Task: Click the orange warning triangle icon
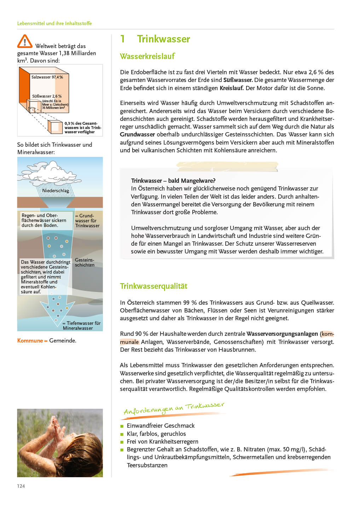coord(24,41)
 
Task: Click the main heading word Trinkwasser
coord(163,39)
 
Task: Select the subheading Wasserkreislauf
coord(147,56)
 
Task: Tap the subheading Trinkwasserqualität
coord(153,286)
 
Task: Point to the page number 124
coord(21,486)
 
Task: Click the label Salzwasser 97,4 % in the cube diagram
coord(47,77)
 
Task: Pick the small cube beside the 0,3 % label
coord(54,127)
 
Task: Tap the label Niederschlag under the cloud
coord(56,191)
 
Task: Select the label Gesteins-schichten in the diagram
coord(85,262)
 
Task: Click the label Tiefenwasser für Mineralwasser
coord(81,326)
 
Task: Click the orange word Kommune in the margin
coord(30,340)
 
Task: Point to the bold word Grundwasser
coord(137,134)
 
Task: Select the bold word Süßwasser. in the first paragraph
coord(238,80)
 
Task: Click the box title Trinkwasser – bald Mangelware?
coord(173,181)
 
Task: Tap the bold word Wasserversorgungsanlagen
coord(282,334)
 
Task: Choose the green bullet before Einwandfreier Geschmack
coord(122,426)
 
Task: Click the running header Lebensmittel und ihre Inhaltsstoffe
coord(54,23)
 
